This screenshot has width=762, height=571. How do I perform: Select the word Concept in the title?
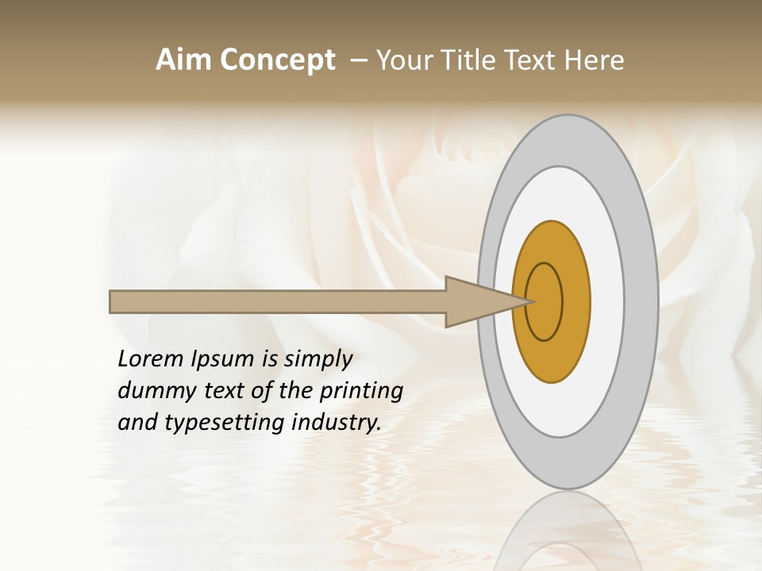(x=277, y=60)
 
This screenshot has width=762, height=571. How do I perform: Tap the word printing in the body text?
(x=361, y=391)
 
